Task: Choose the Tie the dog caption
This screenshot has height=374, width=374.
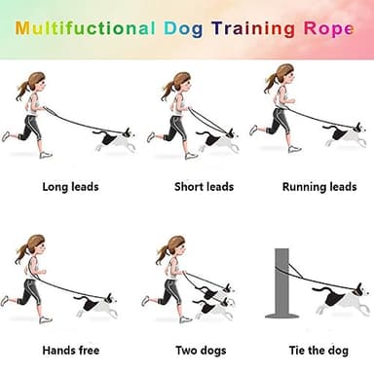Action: pos(318,349)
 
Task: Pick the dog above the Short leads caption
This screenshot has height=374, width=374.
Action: pos(221,140)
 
